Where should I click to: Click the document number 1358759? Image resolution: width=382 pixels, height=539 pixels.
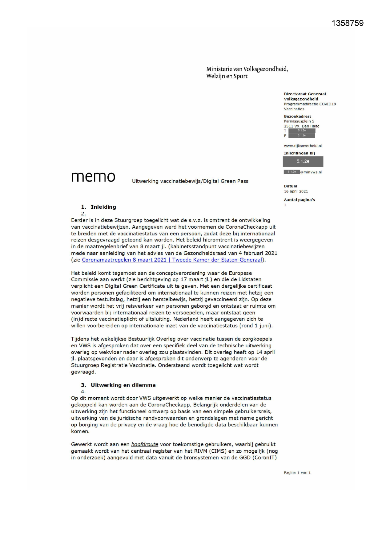348,23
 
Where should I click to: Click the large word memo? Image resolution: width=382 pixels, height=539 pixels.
93,177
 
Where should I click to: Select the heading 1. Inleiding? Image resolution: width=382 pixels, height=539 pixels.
99,207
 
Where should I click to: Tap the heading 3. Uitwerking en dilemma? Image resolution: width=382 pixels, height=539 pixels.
118,385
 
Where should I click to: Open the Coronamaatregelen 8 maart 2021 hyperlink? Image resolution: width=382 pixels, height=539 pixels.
172,260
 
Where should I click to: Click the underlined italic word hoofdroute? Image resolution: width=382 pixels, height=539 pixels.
144,444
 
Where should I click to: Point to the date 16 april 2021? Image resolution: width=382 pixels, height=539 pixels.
296,191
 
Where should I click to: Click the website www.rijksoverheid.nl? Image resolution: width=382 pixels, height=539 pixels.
303,146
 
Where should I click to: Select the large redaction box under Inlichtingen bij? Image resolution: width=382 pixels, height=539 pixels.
303,161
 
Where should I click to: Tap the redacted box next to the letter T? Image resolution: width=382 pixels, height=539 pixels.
302,131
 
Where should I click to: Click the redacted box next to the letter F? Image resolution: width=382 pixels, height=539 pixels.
302,136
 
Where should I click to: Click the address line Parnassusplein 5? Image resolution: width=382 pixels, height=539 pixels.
299,121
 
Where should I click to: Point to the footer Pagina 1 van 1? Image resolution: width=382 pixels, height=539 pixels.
297,473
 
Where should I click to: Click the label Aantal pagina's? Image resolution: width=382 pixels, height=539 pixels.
299,200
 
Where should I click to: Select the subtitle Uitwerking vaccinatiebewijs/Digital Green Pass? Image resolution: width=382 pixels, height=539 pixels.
190,181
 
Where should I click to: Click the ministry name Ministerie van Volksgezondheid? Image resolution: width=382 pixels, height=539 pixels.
247,69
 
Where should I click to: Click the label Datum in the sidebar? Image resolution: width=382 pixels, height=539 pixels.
291,186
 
